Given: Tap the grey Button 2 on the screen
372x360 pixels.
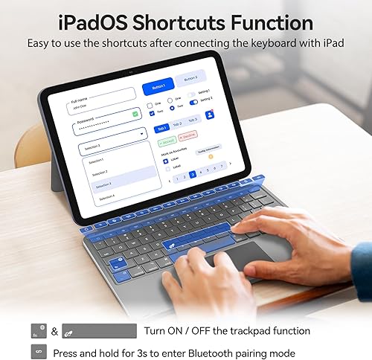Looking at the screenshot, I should (x=190, y=78).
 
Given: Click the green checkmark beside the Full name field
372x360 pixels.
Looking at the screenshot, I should (x=135, y=113).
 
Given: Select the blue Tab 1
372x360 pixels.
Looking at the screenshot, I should (x=162, y=128).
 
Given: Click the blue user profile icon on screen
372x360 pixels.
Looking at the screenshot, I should (x=210, y=115).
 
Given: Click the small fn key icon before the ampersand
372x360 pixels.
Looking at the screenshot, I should (x=39, y=331).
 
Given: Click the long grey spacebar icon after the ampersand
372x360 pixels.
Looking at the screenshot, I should (x=100, y=331).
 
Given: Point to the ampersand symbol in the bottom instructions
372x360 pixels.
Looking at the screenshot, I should (x=54, y=331).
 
